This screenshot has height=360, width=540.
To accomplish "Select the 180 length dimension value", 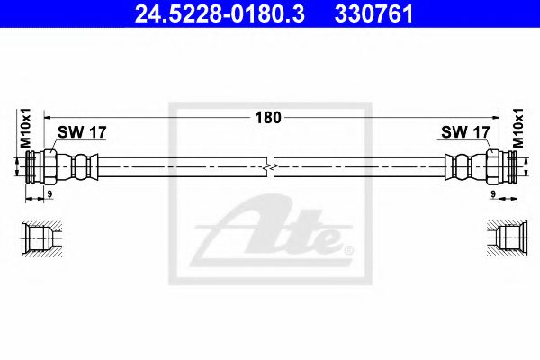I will point(270,117).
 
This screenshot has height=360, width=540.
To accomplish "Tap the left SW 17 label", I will point(82,132).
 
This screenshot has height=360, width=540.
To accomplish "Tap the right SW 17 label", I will point(464,132).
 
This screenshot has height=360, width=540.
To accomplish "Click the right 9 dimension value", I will point(492,193).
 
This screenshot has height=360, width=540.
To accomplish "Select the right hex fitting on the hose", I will point(494,166).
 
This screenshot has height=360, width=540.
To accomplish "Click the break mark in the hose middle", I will point(271,166).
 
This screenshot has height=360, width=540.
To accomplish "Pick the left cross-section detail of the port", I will point(39,238).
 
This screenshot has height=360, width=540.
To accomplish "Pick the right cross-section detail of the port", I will point(503,238).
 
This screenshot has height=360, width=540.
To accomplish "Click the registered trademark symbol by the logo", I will point(349,249).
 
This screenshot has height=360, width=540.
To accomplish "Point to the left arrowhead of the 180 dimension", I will point(48,117).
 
